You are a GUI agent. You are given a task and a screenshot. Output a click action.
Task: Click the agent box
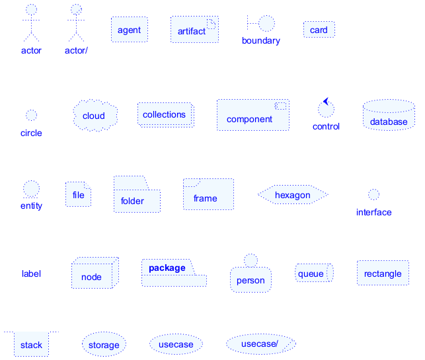point(129,30)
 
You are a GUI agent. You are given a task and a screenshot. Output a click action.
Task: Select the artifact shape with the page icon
point(194,30)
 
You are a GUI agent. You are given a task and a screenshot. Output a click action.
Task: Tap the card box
point(319,30)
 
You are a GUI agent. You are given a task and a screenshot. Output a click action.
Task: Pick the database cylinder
point(389,116)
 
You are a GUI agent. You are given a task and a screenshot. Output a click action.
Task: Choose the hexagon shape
point(292,195)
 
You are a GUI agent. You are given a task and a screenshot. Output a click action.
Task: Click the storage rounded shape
point(104,344)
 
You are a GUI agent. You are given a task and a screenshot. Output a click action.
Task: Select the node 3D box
point(94,273)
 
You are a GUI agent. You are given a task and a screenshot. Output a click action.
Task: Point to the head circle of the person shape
point(250,260)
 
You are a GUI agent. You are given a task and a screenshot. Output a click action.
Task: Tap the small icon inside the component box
point(281,106)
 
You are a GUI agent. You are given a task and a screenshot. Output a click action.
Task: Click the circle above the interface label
point(373,194)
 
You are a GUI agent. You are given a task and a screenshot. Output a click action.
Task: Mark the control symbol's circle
point(325,109)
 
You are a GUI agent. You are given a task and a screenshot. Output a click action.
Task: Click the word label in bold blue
point(31,273)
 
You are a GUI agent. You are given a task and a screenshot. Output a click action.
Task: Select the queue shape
point(313,273)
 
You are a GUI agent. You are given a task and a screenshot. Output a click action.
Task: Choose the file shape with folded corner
point(78,194)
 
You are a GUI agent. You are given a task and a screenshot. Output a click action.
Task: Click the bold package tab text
point(167,268)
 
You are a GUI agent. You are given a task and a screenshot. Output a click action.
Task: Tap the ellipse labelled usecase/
point(260,344)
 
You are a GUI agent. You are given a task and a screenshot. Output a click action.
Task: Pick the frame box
point(208,195)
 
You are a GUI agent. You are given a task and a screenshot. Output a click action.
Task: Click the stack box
point(31,344)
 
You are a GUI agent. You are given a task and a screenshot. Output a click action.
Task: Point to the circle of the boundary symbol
point(266,23)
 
